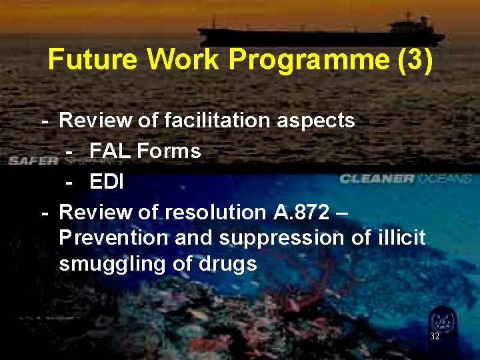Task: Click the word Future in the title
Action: click(x=94, y=59)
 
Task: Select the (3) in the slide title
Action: click(x=415, y=59)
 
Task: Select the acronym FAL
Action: click(x=109, y=151)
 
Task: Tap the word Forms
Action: click(x=169, y=151)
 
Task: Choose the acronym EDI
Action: click(x=107, y=181)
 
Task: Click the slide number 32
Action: click(x=435, y=336)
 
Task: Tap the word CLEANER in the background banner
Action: click(x=376, y=179)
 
